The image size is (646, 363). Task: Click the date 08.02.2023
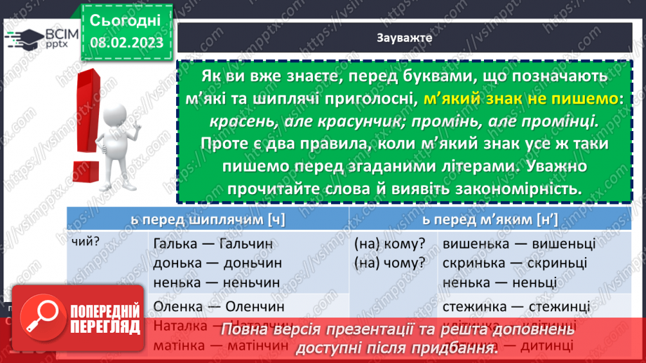coord(126,41)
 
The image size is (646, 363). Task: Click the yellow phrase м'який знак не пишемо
coord(523,100)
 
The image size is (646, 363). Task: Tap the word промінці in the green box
coord(558,121)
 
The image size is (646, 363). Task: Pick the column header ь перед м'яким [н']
coord(490,219)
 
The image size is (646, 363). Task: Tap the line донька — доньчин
coord(215,263)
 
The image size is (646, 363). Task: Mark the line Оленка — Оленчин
coord(213,307)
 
